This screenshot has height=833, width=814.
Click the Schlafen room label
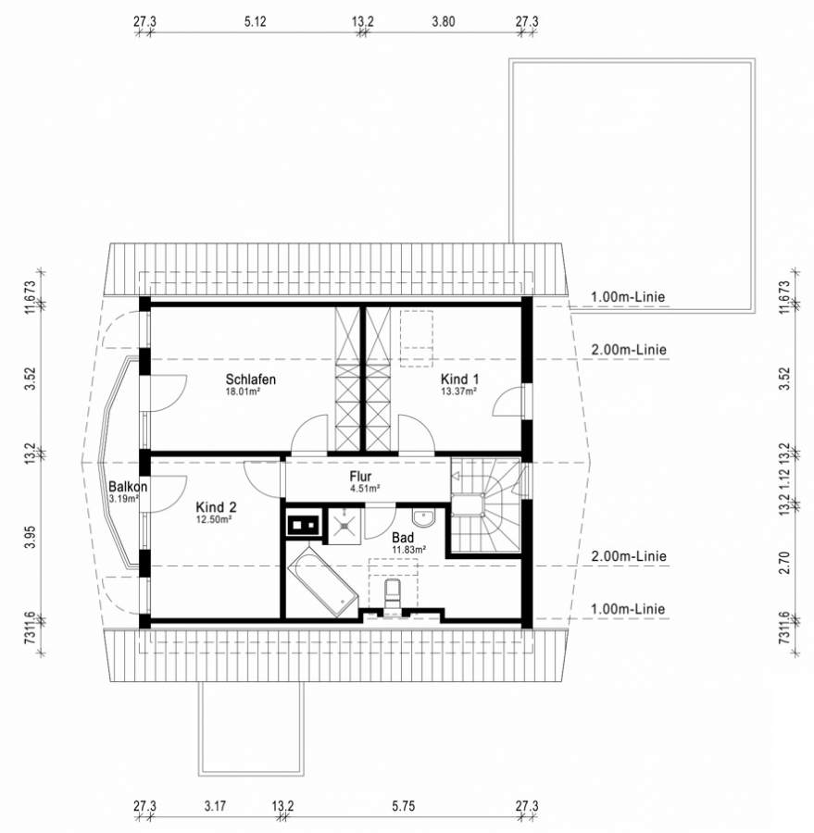click(x=250, y=379)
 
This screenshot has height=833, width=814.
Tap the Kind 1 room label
click(x=459, y=379)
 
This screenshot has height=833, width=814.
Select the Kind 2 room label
click(x=216, y=507)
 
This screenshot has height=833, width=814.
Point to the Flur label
click(x=360, y=476)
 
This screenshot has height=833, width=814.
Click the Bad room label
click(x=403, y=538)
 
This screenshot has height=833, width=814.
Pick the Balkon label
click(x=128, y=486)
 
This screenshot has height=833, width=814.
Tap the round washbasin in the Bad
click(x=424, y=518)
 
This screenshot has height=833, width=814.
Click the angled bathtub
click(x=322, y=583)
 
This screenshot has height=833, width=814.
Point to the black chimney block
click(x=304, y=526)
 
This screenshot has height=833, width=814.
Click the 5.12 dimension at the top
click(x=256, y=22)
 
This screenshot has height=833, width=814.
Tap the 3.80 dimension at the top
click(x=444, y=22)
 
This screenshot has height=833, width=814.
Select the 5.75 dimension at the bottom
click(x=404, y=806)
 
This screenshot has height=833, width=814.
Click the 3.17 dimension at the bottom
click(x=215, y=806)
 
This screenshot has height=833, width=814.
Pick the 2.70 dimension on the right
click(x=784, y=563)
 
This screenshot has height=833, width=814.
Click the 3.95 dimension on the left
click(x=30, y=537)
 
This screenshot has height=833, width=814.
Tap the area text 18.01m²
click(x=243, y=392)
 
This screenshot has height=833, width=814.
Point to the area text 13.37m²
click(x=458, y=392)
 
